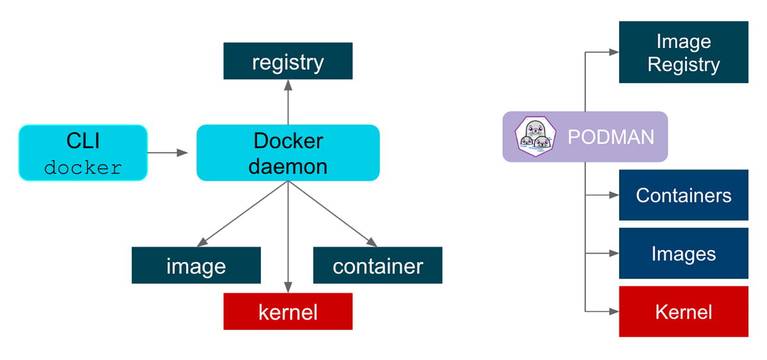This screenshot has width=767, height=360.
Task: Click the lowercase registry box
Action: (288, 61)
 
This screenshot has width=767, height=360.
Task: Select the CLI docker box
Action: (83, 153)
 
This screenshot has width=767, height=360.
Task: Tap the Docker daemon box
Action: (288, 153)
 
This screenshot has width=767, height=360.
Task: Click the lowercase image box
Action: (196, 265)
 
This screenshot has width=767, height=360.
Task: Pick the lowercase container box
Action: (377, 265)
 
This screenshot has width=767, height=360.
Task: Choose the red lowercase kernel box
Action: (288, 311)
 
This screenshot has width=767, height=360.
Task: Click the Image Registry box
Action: (683, 52)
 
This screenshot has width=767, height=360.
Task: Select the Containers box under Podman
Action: (683, 195)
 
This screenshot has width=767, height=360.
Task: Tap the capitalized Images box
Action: (683, 254)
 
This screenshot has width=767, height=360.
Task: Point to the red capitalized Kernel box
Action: (683, 311)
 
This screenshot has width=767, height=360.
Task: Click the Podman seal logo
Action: (534, 136)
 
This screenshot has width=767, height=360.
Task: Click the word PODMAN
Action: (610, 137)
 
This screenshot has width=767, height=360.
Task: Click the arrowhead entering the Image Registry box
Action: (614, 52)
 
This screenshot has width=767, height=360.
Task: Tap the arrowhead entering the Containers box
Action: (614, 195)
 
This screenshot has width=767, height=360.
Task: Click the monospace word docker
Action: (83, 168)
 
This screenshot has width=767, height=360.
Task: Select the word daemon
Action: (288, 166)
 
